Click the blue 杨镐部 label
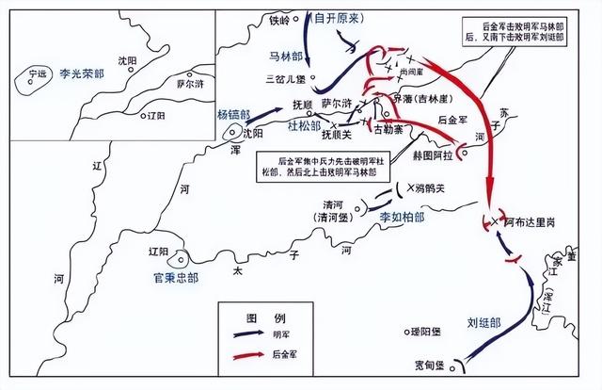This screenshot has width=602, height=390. point(234,113)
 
